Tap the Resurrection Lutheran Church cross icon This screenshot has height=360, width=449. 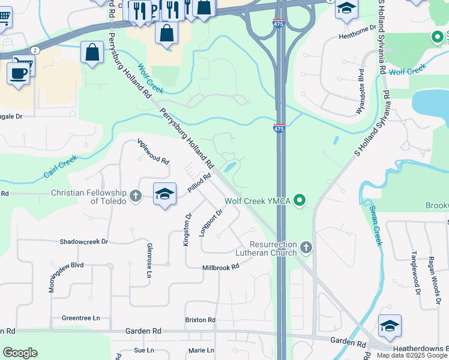tap(306, 247)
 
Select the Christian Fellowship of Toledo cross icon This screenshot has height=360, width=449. tap(136, 195)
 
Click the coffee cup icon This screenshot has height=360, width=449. tap(19, 73)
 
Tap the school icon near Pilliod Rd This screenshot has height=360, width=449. tap(164, 194)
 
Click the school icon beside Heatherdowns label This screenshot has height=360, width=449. tap(390, 326)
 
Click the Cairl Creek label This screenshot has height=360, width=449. tap(60, 167)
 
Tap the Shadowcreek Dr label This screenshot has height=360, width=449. tap(83, 242)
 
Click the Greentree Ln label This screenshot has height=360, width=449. tap(80, 318)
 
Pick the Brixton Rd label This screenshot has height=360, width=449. tap(200, 320)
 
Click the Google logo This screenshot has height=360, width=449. tap(20, 353)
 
